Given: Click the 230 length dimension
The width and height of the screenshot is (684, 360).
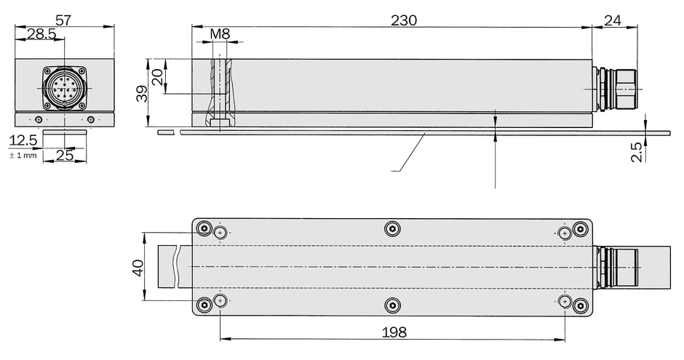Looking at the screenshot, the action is click(x=404, y=20).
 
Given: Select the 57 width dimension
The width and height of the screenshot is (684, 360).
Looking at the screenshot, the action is click(x=63, y=20).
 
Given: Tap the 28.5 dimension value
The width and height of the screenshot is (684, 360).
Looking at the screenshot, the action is click(x=41, y=34).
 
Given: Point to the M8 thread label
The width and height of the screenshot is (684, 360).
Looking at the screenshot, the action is click(x=220, y=33).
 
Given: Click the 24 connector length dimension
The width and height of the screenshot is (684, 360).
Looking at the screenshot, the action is click(x=613, y=20).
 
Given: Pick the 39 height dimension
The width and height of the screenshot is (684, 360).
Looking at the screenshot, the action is click(x=142, y=93).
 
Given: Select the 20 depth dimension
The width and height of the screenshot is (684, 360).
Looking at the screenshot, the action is click(x=157, y=76).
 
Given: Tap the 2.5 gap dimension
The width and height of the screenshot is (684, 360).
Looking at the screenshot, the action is click(x=637, y=152).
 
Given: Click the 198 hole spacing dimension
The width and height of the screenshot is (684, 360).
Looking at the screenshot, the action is click(x=394, y=332).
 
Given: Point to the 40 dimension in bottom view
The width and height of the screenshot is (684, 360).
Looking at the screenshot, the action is click(x=138, y=268).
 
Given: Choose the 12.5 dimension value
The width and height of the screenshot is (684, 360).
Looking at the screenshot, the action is click(x=23, y=140).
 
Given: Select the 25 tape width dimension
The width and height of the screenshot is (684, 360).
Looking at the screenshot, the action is click(x=65, y=155).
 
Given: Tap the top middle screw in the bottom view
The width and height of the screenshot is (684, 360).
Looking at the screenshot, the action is click(x=393, y=228).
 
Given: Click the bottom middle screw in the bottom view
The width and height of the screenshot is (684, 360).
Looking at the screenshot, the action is click(x=393, y=305).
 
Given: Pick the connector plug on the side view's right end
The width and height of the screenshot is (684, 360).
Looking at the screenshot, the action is click(x=615, y=89).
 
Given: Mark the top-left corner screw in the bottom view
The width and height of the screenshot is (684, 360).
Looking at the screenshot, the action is click(x=204, y=228).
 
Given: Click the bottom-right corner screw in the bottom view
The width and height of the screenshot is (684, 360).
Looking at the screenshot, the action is click(x=580, y=305).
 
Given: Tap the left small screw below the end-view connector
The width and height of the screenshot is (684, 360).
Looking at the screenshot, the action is click(x=39, y=120).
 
